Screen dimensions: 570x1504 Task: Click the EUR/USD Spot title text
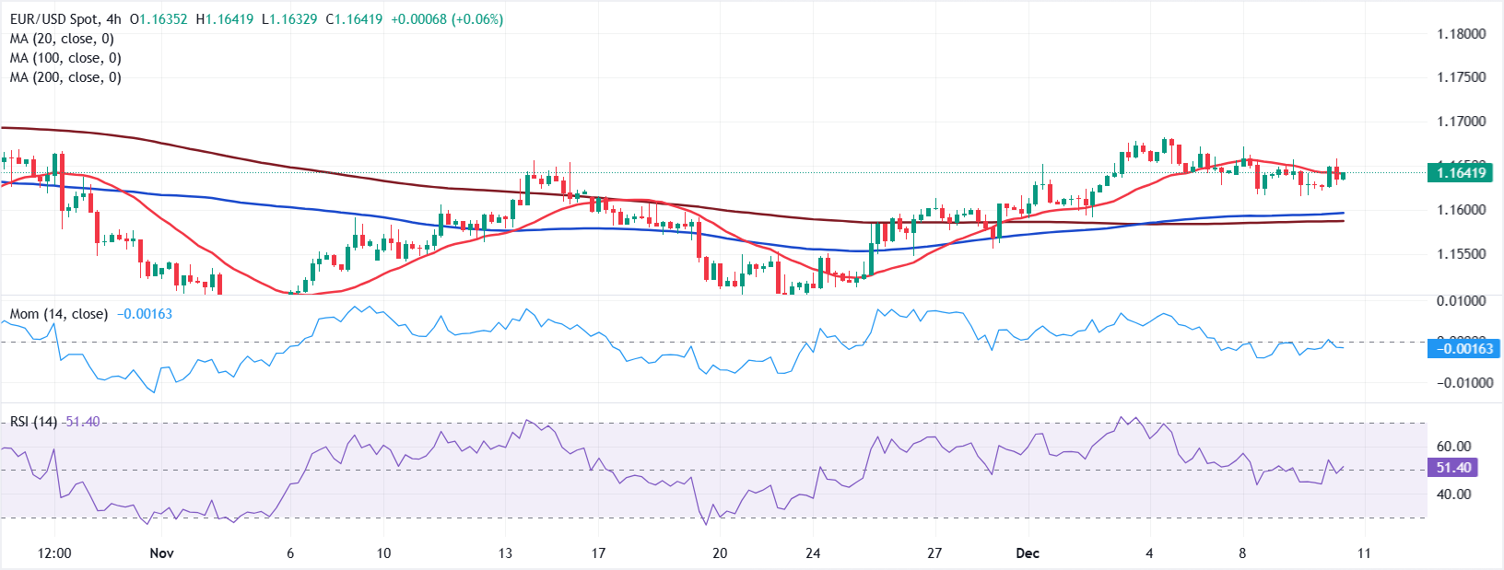(x=52, y=19)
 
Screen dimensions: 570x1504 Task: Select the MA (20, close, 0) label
(x=62, y=39)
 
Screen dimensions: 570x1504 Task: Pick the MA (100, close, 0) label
(x=65, y=58)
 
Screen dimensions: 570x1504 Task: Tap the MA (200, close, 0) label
(x=65, y=77)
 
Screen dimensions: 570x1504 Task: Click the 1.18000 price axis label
(x=1462, y=34)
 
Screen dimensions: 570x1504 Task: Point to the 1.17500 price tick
(x=1462, y=77)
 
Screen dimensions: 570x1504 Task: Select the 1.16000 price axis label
(x=1462, y=210)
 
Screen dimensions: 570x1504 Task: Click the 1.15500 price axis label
(x=1462, y=254)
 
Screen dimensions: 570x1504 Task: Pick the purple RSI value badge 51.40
(x=1452, y=468)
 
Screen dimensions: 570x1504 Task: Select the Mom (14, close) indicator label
(x=59, y=314)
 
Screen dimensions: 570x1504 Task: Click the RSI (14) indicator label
(x=33, y=422)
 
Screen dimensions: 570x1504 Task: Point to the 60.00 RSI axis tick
(x=1453, y=447)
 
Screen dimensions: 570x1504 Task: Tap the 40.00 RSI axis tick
(x=1453, y=494)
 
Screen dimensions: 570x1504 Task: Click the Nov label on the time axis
(x=161, y=553)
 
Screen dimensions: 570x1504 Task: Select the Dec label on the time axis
(x=1028, y=553)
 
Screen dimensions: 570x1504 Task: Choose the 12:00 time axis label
(x=54, y=553)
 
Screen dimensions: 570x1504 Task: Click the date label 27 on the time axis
(x=934, y=553)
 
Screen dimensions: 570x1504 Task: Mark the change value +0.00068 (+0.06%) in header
(x=447, y=19)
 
